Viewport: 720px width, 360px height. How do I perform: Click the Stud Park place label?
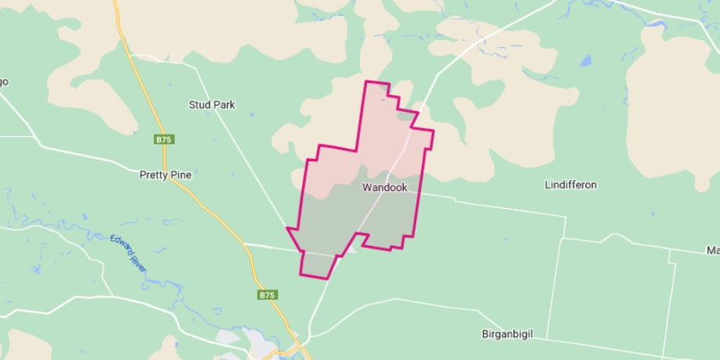pyautogui.click(x=211, y=104)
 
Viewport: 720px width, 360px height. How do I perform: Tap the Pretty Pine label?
pyautogui.click(x=165, y=175)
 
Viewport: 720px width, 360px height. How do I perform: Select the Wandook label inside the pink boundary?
pyautogui.click(x=384, y=188)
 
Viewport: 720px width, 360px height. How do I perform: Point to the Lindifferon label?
pyautogui.click(x=571, y=185)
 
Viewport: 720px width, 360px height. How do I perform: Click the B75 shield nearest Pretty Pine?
pyautogui.click(x=163, y=139)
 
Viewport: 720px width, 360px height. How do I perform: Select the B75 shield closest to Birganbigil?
pyautogui.click(x=267, y=295)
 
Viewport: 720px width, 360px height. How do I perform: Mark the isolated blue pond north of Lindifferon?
pyautogui.click(x=586, y=60)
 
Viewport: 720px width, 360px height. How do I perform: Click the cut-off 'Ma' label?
pyautogui.click(x=712, y=250)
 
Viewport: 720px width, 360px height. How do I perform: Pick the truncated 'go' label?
pyautogui.click(x=3, y=81)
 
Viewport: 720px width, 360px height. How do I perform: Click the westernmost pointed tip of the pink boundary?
pyautogui.click(x=287, y=229)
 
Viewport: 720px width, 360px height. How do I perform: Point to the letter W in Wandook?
pyautogui.click(x=366, y=188)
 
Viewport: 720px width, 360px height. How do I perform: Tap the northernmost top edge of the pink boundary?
pyautogui.click(x=376, y=81)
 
